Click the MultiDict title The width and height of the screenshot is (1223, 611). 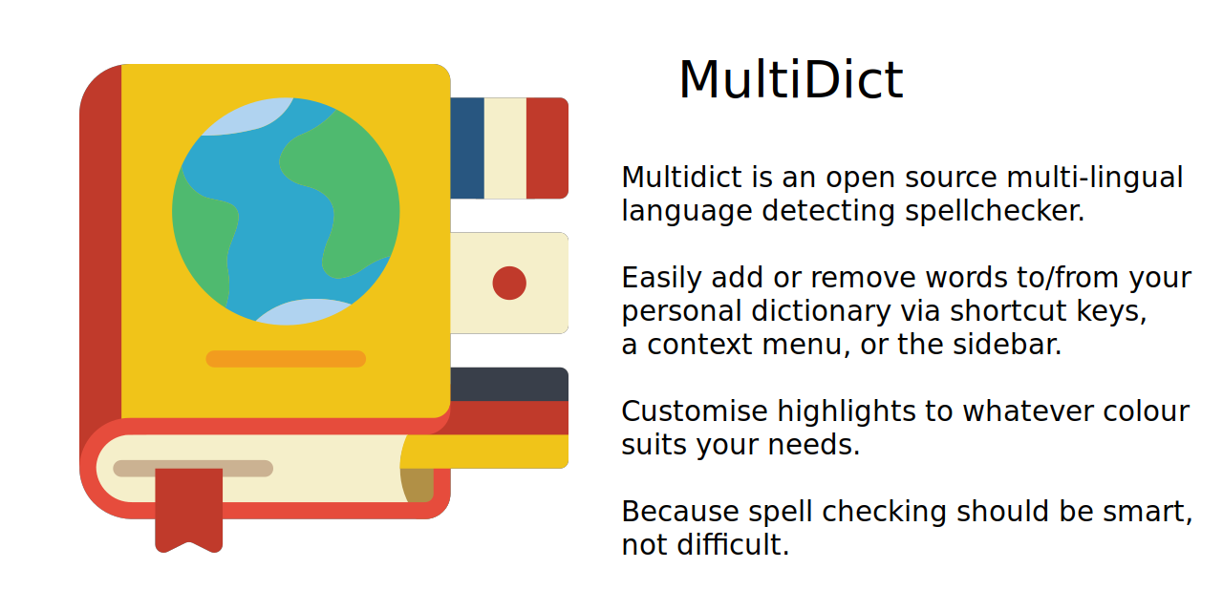coord(790,79)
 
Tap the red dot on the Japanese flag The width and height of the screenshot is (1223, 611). coord(509,284)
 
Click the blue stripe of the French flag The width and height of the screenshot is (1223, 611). coord(467,148)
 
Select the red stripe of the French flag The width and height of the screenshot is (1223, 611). coord(547,148)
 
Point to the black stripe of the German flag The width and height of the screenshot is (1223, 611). coord(509,385)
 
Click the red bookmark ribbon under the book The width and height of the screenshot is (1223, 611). coord(189,510)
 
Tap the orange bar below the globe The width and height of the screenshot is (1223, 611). coord(286,359)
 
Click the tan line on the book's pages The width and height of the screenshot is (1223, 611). coord(193,469)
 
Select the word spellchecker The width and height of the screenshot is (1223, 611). coord(995,211)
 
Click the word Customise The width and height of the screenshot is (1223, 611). coord(695,411)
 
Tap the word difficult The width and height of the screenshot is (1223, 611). coord(733,544)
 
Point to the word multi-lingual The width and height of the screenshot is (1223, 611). coord(1095,178)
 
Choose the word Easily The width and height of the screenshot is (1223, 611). coord(661,278)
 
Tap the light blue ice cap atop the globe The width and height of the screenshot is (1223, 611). coord(248,116)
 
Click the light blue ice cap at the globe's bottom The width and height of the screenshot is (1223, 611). coord(304,312)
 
